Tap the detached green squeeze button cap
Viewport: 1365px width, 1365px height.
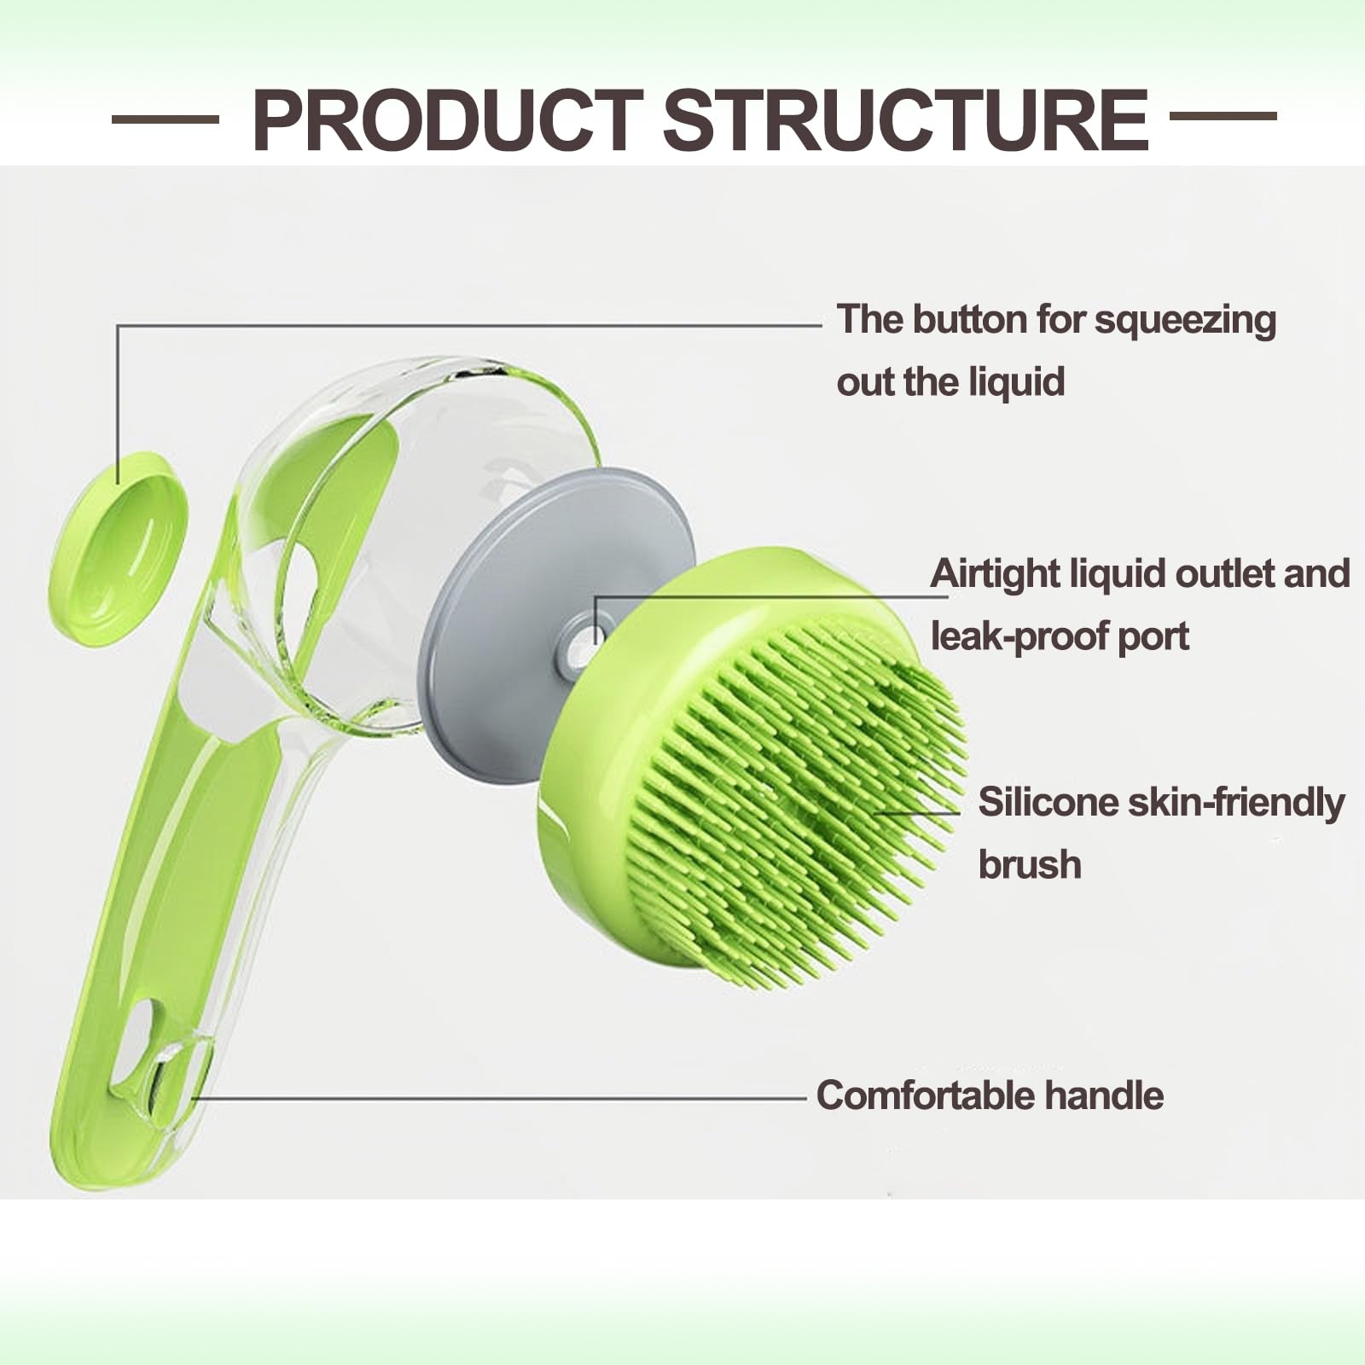(119, 548)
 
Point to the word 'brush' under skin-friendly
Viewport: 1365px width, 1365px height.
(1030, 865)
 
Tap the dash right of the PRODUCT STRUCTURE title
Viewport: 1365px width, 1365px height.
(1222, 116)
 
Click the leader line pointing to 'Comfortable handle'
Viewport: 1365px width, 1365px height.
(512, 1099)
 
